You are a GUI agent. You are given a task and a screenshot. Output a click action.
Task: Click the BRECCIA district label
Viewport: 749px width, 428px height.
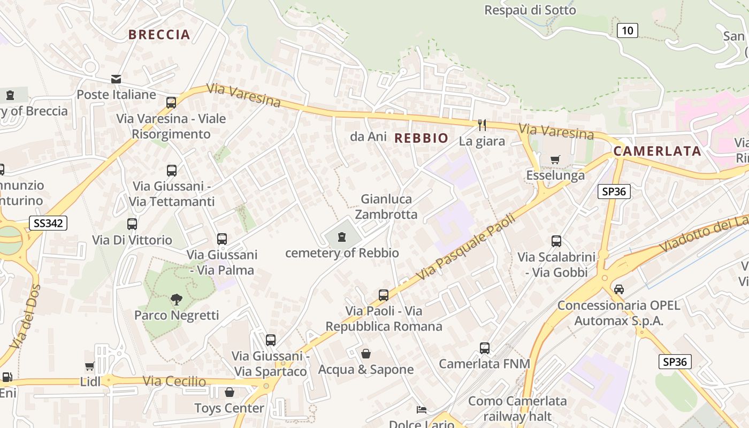pyautogui.click(x=159, y=35)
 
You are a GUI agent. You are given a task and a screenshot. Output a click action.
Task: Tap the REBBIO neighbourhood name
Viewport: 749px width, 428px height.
pyautogui.click(x=421, y=138)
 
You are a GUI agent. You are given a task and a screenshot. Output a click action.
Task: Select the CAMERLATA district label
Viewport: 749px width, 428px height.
pyautogui.click(x=657, y=151)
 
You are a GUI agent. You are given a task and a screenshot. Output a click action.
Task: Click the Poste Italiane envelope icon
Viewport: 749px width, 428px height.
pyautogui.click(x=116, y=79)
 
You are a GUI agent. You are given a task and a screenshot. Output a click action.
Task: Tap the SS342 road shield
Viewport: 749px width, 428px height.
pyautogui.click(x=48, y=223)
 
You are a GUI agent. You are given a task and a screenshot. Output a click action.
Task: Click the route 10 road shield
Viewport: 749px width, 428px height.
pyautogui.click(x=627, y=30)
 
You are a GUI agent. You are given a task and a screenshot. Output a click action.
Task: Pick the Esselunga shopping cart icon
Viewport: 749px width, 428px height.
pyautogui.click(x=555, y=159)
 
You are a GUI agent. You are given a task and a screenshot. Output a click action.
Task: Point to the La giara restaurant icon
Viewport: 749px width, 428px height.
pyautogui.click(x=482, y=125)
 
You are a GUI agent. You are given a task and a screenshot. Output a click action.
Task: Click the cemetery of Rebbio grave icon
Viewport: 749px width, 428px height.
pyautogui.click(x=342, y=237)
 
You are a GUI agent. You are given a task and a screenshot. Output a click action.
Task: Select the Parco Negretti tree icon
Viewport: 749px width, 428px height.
pyautogui.click(x=176, y=300)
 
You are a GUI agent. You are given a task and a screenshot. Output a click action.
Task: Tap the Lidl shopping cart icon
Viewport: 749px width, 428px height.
pyautogui.click(x=90, y=366)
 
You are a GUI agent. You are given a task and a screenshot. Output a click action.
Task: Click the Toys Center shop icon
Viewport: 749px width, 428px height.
pyautogui.click(x=229, y=392)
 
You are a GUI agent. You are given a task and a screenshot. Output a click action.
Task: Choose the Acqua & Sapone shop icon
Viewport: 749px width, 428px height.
pyautogui.click(x=366, y=354)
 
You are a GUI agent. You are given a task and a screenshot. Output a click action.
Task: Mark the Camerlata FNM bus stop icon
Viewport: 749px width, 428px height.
pyautogui.click(x=485, y=348)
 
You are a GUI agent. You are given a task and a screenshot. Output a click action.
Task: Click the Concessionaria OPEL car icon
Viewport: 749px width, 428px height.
pyautogui.click(x=618, y=289)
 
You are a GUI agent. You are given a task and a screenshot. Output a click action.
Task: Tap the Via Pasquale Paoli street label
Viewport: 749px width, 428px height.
pyautogui.click(x=465, y=247)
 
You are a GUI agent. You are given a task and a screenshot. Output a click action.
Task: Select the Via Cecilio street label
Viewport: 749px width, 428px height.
pyautogui.click(x=174, y=381)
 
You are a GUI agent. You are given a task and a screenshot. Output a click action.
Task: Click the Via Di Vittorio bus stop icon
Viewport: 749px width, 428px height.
pyautogui.click(x=132, y=224)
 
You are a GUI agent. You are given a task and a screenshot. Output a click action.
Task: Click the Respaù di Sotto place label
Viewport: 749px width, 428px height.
pyautogui.click(x=530, y=10)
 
